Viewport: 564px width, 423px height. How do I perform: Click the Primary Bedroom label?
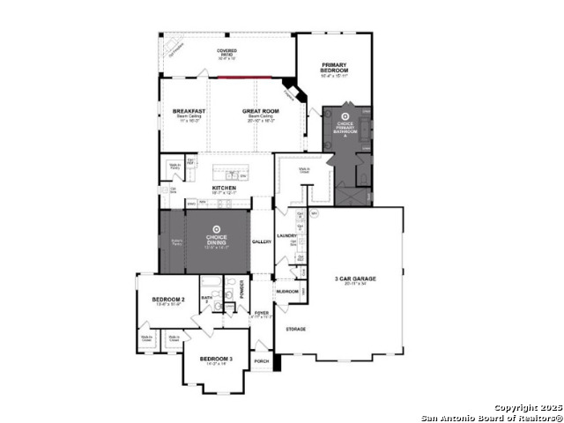[x=334, y=67]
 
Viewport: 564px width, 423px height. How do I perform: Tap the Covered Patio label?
[x=226, y=52]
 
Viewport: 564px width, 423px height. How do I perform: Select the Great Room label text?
[x=260, y=111]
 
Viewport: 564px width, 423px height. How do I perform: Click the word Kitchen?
[x=224, y=189]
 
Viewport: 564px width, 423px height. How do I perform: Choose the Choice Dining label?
[x=217, y=239]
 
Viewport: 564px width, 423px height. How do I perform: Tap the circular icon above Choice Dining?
[x=217, y=226]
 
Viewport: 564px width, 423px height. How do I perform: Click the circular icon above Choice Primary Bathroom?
[x=345, y=115]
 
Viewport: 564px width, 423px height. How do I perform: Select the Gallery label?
[x=262, y=241]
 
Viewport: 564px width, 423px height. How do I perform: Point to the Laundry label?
[x=286, y=235]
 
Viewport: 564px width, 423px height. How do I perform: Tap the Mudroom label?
[x=286, y=290]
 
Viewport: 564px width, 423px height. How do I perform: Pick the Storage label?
[x=295, y=329]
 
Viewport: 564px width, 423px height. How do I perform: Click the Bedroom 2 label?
[x=167, y=301]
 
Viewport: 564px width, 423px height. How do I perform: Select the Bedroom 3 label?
[x=215, y=359]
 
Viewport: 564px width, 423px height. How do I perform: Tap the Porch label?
[x=261, y=361]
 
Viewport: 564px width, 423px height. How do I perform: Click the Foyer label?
[x=261, y=313]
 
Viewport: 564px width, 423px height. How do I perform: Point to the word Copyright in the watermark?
[x=516, y=407]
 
